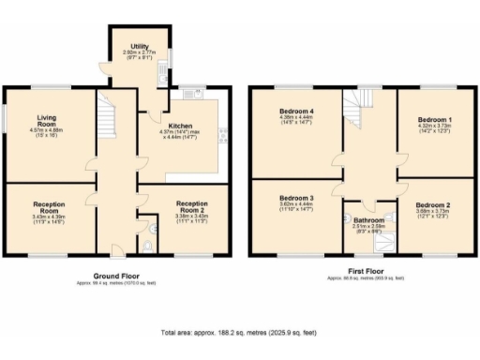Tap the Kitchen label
(x=180, y=125)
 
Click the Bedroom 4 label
(x=295, y=111)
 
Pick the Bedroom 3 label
(x=295, y=198)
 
